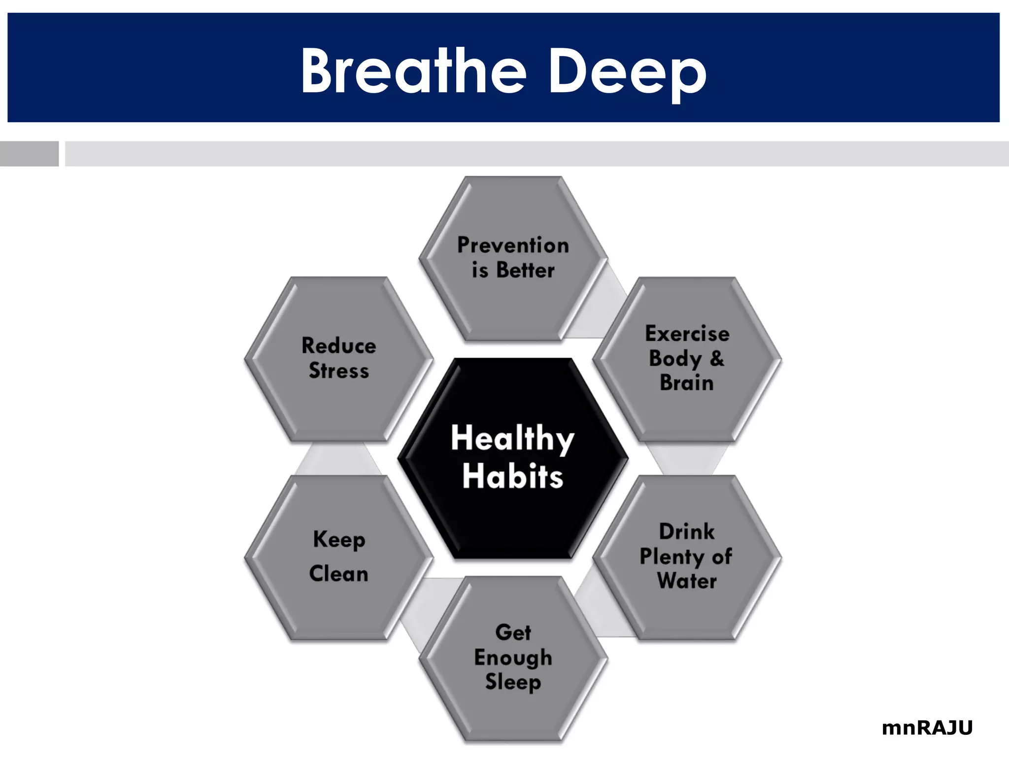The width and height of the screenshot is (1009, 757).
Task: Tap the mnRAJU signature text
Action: (927, 727)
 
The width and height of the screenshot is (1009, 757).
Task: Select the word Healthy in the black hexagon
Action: (512, 438)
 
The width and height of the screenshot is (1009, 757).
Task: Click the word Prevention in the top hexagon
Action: (513, 245)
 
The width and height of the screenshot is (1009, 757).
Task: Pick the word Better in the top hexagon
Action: (525, 270)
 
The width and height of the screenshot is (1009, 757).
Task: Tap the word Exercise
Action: (687, 334)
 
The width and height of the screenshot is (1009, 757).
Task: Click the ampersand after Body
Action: (717, 358)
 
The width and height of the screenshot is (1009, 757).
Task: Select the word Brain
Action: (687, 383)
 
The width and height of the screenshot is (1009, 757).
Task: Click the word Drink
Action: (687, 531)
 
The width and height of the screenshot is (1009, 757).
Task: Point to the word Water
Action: (687, 581)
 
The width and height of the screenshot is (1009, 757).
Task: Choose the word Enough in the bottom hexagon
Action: (513, 657)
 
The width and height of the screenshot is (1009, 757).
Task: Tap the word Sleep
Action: (513, 682)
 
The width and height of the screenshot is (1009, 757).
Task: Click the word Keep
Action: (339, 540)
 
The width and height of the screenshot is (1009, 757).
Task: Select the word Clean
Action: (339, 574)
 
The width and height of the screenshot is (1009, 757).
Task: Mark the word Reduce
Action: (339, 345)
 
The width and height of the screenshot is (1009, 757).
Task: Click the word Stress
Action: (339, 371)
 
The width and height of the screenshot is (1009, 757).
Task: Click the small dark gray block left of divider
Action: (29, 154)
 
